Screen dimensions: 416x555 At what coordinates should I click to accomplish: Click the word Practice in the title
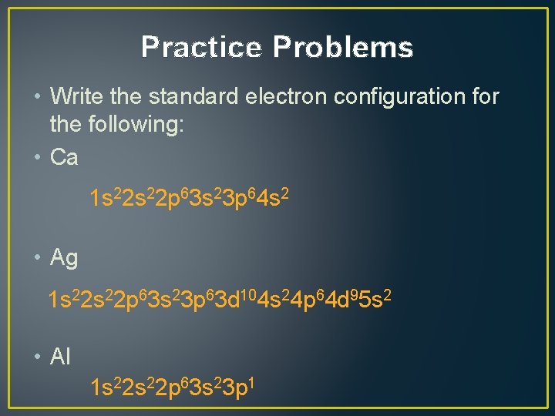click(202, 48)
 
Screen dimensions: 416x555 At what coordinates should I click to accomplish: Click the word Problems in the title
click(343, 48)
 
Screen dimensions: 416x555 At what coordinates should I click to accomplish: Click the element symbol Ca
click(64, 158)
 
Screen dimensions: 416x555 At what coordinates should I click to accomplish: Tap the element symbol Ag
click(64, 259)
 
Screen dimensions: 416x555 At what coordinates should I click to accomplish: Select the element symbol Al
click(60, 357)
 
